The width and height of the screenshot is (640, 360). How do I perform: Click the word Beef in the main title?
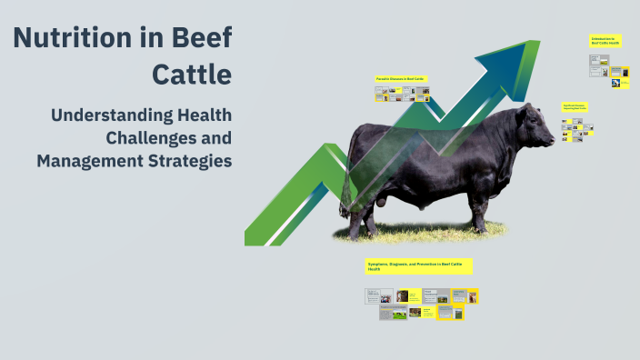[x=202, y=38]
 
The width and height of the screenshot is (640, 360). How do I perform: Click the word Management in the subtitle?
[x=87, y=160]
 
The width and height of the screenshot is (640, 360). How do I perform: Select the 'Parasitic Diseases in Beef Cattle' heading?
[x=401, y=79]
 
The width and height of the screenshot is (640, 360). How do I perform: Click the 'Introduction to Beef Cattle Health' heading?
[x=605, y=41]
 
